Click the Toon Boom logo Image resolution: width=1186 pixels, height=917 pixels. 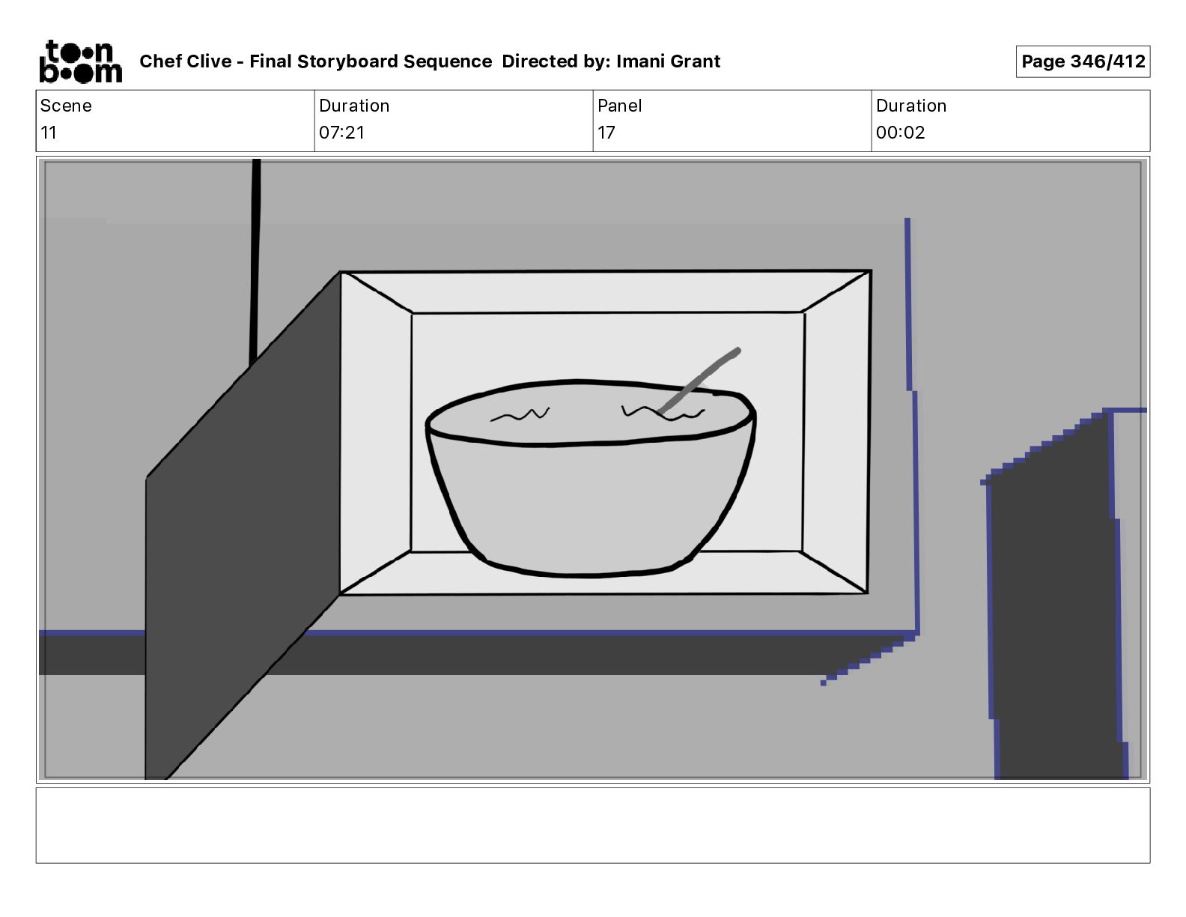pos(80,61)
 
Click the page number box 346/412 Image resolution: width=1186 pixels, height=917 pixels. pos(1082,61)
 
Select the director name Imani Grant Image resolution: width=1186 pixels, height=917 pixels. pos(668,61)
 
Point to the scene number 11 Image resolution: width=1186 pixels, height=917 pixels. pos(49,133)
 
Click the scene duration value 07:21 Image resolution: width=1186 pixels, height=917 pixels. pos(341,133)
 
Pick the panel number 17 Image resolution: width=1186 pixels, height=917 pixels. pos(606,133)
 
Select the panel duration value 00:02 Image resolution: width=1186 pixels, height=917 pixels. pos(900,133)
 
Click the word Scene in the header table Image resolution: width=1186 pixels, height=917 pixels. pos(66,106)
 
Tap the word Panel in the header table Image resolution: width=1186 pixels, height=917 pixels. pos(619,106)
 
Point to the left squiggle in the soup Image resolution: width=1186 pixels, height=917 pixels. pos(520,414)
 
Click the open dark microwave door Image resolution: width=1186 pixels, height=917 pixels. pos(240,539)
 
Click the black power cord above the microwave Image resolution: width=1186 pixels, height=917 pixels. pos(255,262)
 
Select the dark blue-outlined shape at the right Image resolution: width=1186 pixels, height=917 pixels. pos(1056,599)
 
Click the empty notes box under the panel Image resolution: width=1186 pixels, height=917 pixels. pos(592,825)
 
